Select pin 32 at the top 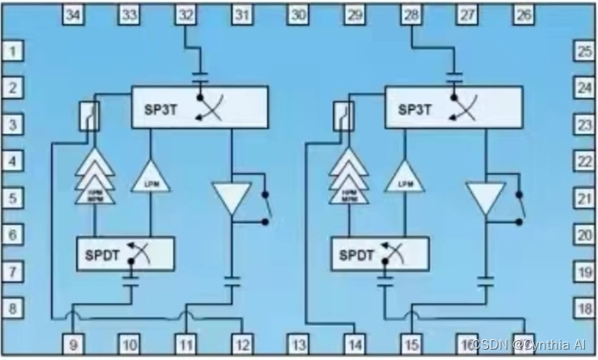point(186,14)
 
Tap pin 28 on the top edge point(411,14)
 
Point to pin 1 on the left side point(12,52)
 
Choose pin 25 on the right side point(584,52)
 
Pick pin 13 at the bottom point(299,344)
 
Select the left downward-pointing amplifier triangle point(231,198)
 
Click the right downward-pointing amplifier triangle point(485,198)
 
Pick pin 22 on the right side point(584,161)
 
